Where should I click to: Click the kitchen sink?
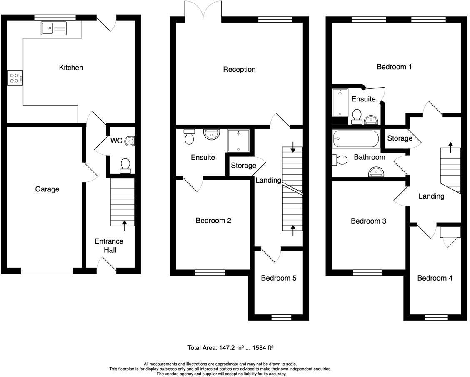(x=54, y=28)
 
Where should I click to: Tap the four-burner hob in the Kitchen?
(x=15, y=78)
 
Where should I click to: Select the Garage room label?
(x=47, y=189)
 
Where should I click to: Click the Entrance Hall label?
(x=109, y=246)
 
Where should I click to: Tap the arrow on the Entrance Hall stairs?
(x=124, y=226)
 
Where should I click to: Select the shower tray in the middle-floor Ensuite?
(x=238, y=141)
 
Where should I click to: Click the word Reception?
(x=239, y=69)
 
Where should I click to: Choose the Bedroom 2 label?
(x=213, y=221)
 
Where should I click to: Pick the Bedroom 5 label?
(x=279, y=278)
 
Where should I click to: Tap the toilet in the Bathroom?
(x=340, y=160)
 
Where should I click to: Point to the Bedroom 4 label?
(x=435, y=278)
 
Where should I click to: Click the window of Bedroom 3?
(x=367, y=273)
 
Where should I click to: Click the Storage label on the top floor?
(x=400, y=138)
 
